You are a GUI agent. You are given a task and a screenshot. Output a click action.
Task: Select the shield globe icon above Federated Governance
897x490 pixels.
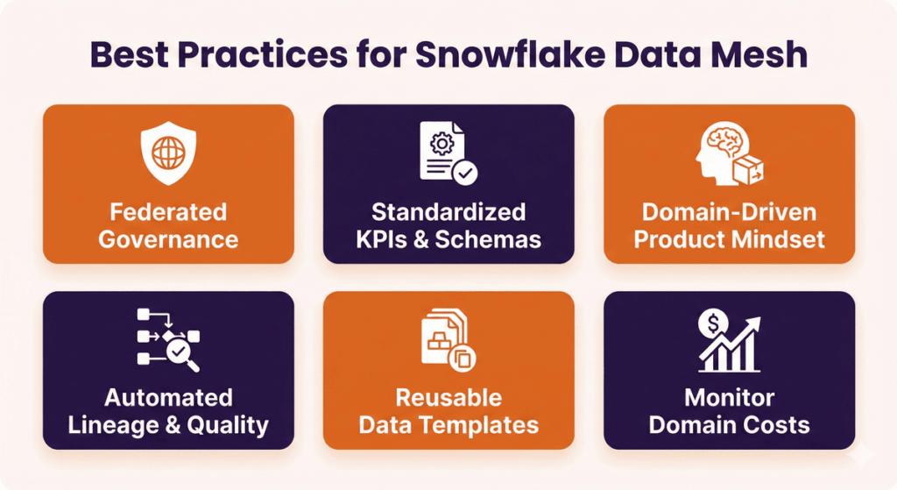pyautogui.click(x=168, y=156)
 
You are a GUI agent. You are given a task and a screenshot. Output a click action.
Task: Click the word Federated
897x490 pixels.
pyautogui.click(x=168, y=212)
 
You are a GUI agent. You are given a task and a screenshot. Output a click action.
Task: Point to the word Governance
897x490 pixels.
pyautogui.click(x=168, y=238)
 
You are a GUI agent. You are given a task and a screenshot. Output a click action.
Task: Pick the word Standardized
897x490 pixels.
pyautogui.click(x=448, y=212)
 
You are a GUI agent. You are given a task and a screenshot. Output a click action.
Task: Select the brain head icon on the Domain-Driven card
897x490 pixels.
pyautogui.click(x=727, y=154)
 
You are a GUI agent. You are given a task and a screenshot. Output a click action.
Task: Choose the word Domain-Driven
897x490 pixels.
pyautogui.click(x=729, y=212)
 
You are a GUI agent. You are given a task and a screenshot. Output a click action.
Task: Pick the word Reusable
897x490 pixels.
pyautogui.click(x=448, y=399)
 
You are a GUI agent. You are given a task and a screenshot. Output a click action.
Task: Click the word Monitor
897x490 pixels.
pyautogui.click(x=729, y=399)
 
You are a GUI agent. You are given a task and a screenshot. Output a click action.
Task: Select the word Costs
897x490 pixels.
pyautogui.click(x=778, y=425)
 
